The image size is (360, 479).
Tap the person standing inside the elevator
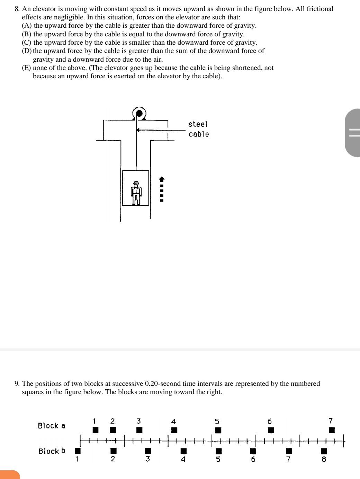[x=136, y=193]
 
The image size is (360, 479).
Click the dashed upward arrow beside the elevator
[x=161, y=189]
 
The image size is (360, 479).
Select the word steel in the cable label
[x=198, y=124]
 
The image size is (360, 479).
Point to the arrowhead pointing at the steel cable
[x=138, y=130]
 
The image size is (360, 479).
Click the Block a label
[x=52, y=426]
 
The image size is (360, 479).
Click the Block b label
[x=52, y=451]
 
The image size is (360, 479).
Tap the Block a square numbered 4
[x=174, y=430]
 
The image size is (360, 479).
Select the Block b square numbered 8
[x=324, y=451]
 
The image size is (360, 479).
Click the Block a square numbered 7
[x=332, y=430]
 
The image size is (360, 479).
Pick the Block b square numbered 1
[x=78, y=451]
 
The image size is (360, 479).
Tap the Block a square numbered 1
[x=96, y=430]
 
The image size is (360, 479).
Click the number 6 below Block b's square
[x=253, y=459]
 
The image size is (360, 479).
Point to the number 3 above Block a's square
[x=138, y=421]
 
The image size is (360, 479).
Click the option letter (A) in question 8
[x=27, y=26]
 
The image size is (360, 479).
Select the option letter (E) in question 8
[x=27, y=68]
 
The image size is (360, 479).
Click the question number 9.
[x=17, y=384]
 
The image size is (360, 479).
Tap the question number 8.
[x=17, y=9]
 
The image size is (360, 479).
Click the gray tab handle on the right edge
[x=353, y=133]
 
